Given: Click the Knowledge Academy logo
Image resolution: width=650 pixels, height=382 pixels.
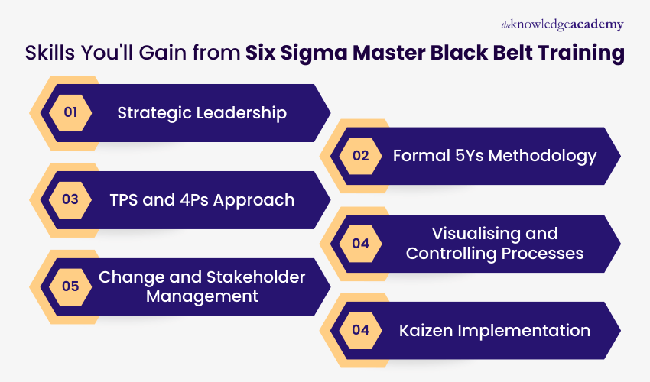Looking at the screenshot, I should click(x=562, y=24).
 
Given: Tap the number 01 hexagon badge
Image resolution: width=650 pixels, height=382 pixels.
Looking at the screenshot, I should click(x=70, y=113).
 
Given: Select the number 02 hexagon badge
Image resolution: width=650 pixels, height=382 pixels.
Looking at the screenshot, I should click(x=360, y=156).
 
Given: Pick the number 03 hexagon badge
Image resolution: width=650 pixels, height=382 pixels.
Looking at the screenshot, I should click(x=70, y=200).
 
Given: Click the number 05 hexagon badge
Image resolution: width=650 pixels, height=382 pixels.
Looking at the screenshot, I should click(x=70, y=286).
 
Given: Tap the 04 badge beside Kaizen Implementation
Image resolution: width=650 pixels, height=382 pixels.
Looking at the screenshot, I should click(x=360, y=330).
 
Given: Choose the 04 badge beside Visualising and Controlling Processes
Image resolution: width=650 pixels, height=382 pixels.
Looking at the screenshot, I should click(x=360, y=244).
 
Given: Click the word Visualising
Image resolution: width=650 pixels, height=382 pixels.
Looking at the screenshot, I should click(x=479, y=233).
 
